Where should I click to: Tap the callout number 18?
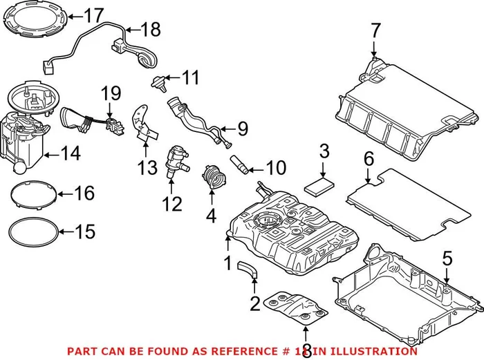pos(150,29)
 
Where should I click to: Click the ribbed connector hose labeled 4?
pos(214,178)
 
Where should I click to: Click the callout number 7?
pos(375,30)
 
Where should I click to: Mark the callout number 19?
pos(111,92)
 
